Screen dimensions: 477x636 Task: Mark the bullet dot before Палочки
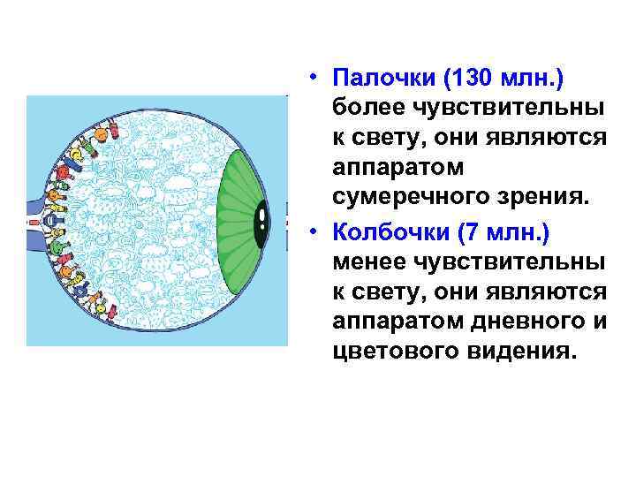point(314,81)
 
